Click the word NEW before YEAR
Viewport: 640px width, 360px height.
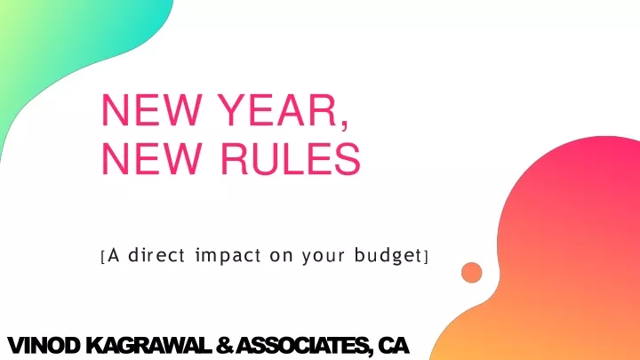click(151, 110)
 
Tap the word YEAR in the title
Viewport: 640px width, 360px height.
click(276, 110)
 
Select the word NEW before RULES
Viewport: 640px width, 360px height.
click(151, 159)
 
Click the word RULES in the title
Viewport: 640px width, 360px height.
click(290, 159)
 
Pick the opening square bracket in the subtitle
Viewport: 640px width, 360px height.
click(102, 257)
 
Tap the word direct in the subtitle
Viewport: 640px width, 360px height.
click(156, 255)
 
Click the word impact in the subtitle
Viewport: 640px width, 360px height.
click(228, 256)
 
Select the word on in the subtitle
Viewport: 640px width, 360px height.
click(281, 257)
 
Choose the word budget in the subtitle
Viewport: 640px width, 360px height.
click(388, 256)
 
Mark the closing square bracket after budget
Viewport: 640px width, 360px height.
click(426, 257)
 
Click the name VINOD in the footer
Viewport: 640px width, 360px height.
click(44, 346)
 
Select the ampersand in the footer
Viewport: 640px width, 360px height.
click(224, 346)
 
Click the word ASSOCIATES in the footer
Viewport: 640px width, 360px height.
click(304, 347)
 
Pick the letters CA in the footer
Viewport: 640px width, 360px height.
click(393, 346)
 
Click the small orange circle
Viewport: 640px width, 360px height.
click(471, 273)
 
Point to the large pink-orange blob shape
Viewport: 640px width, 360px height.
click(572, 253)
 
